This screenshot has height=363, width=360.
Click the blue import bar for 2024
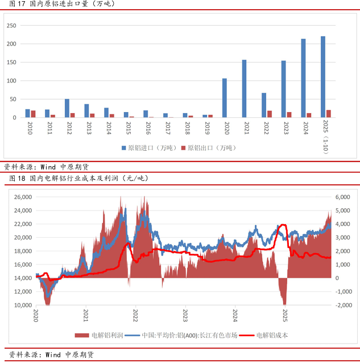303,79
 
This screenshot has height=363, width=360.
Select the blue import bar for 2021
244,89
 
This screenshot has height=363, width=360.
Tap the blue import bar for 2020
225,98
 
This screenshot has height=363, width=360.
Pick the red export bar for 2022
270,114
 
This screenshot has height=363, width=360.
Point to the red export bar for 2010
34,114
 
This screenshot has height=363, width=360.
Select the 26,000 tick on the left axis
22,197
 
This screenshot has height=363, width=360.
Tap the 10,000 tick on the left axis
22,305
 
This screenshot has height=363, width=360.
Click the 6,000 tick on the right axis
343,197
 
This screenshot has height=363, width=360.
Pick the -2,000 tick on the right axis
343,305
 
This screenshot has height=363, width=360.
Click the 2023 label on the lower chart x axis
185,313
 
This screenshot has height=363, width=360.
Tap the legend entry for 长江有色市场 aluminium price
183,335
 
